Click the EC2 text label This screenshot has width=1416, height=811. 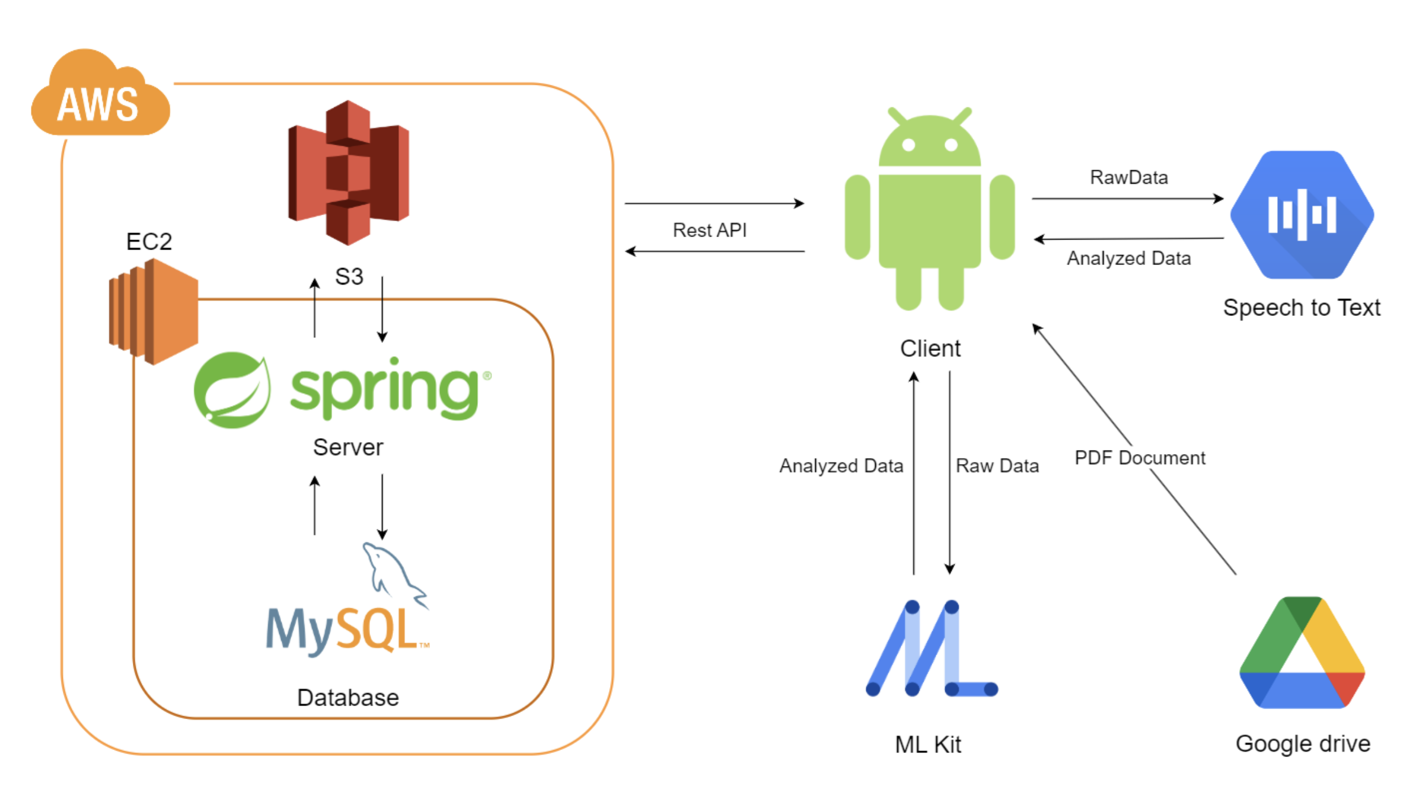[149, 242]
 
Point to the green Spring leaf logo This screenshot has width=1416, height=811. [232, 390]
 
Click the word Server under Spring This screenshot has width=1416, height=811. [348, 448]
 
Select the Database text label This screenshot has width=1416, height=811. [348, 698]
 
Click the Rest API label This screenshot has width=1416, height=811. [710, 230]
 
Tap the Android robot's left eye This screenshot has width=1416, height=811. [908, 145]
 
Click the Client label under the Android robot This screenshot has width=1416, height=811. [930, 349]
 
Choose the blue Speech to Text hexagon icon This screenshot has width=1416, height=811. [1302, 215]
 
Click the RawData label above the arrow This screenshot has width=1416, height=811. [1129, 177]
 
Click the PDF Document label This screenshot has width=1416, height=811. [1140, 458]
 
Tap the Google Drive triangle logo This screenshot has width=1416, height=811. [1302, 655]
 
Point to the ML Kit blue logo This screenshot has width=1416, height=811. [931, 649]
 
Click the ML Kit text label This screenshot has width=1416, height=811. [928, 745]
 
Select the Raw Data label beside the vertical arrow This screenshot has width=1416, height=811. [997, 466]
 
